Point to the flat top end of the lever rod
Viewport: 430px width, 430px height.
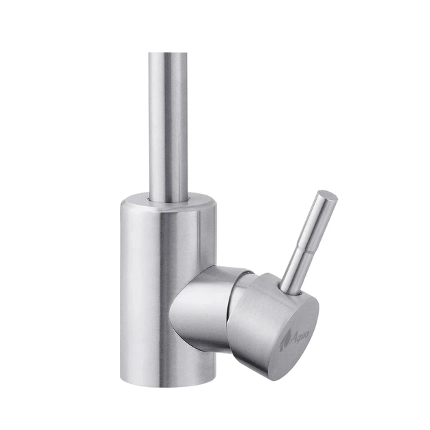coord(329,197)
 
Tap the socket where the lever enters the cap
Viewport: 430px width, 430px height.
coord(290,289)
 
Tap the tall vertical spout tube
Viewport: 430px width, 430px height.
coord(168,123)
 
